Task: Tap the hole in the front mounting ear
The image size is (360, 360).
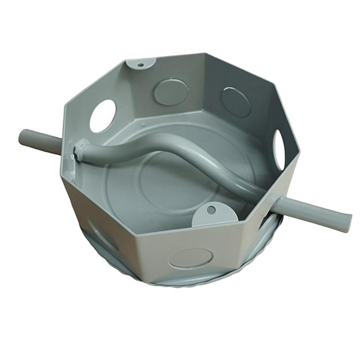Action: pos(210,209)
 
